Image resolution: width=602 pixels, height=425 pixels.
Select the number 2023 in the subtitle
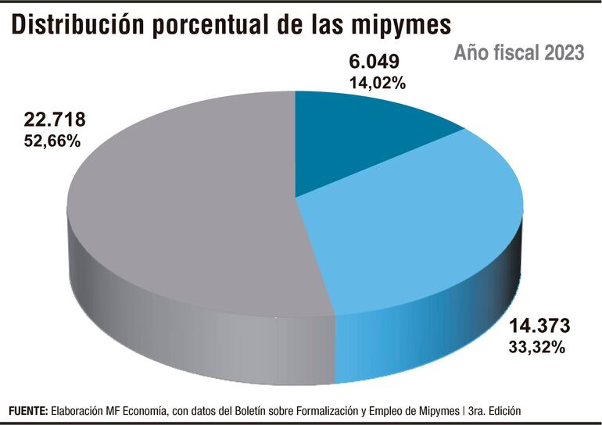pyautogui.click(x=560, y=53)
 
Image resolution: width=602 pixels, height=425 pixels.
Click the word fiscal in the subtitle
pyautogui.click(x=507, y=53)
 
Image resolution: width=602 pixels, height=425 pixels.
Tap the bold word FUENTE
pyautogui.click(x=28, y=410)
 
